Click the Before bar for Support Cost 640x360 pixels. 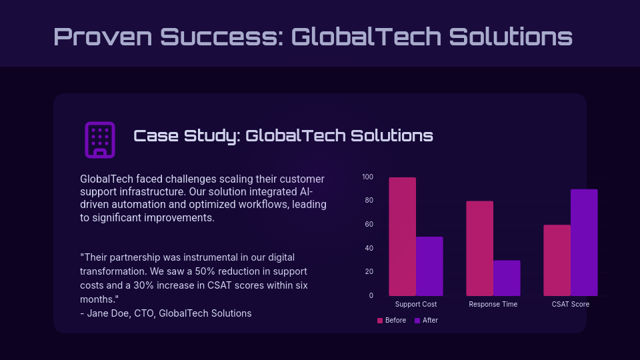point(402,237)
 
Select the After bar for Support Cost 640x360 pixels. point(429,266)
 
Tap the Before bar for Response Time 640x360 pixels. point(479,248)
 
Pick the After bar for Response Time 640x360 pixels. point(507,278)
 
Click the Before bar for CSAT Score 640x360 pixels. point(557,260)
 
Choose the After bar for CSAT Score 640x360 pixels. point(584,243)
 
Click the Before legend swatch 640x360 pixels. point(380,321)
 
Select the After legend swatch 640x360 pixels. point(417,321)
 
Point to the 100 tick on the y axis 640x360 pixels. point(367,177)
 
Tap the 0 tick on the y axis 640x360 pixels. point(371,295)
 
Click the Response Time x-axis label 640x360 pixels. point(493,305)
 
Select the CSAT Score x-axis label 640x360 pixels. point(570,305)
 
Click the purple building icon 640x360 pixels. point(100,139)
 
